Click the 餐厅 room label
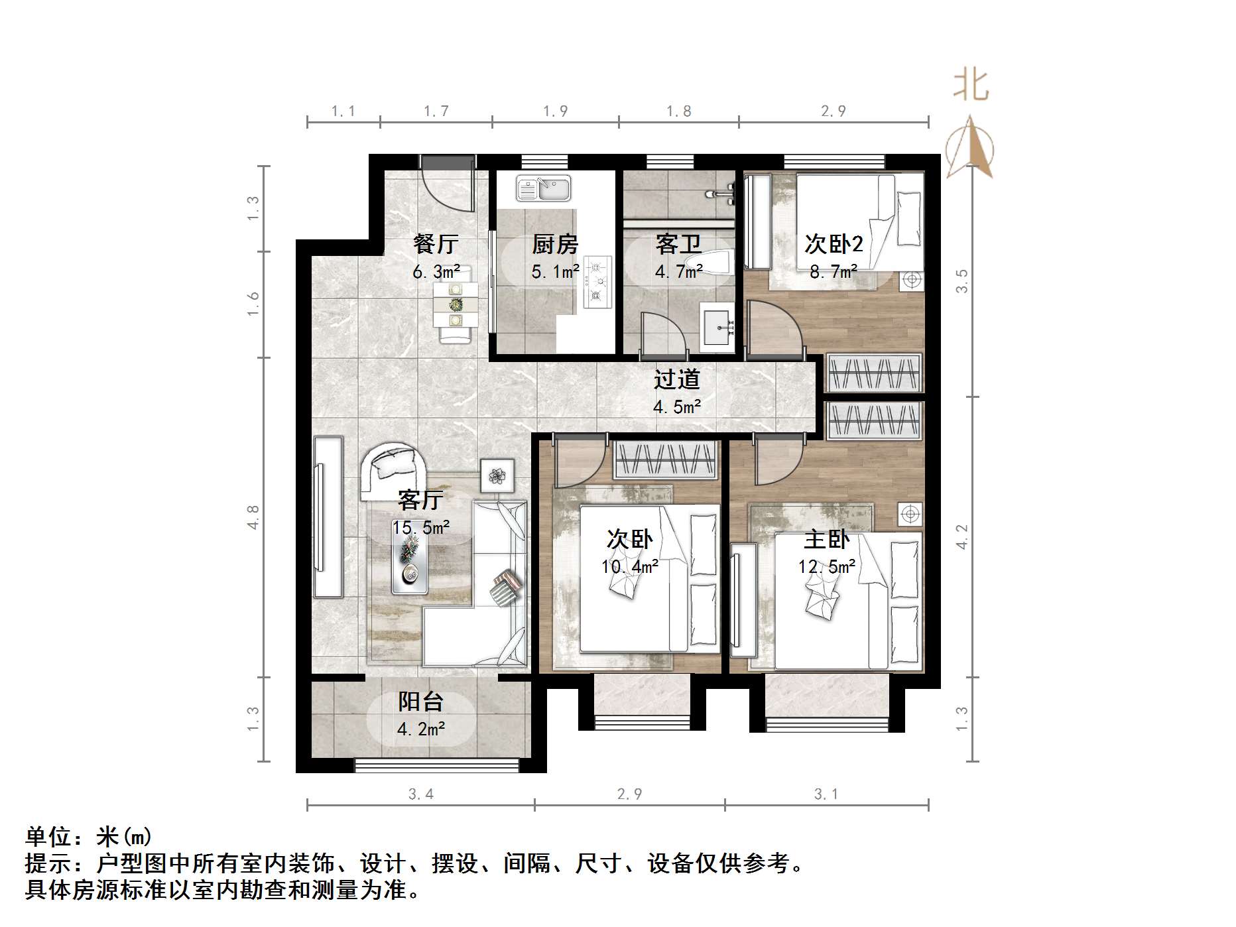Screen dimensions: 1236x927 click(435, 244)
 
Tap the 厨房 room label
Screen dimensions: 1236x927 click(555, 244)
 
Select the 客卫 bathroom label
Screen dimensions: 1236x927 click(678, 244)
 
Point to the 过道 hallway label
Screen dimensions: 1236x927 click(677, 379)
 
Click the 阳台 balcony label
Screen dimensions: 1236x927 click(421, 702)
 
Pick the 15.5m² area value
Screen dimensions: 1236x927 click(421, 528)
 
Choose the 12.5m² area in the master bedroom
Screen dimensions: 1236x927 click(827, 566)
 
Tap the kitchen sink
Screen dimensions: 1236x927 click(543, 188)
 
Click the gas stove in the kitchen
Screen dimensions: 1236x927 click(597, 282)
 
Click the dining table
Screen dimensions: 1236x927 click(456, 304)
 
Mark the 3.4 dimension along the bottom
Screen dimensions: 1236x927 click(421, 794)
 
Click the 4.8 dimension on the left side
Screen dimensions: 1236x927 click(253, 517)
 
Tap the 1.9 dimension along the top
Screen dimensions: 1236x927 click(555, 111)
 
